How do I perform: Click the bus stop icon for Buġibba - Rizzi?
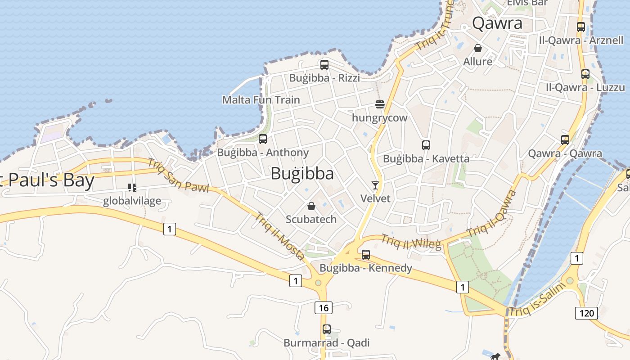324,65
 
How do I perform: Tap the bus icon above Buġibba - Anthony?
263,139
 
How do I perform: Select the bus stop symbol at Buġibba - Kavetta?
426,145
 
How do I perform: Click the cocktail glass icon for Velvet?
375,185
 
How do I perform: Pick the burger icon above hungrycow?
380,105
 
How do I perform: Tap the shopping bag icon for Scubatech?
311,207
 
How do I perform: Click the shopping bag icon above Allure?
478,48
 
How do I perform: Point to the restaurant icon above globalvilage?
132,187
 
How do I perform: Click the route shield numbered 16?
323,308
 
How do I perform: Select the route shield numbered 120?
586,313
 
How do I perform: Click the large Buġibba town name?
302,174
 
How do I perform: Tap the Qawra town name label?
497,23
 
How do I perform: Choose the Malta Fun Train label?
261,99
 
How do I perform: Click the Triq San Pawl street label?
178,175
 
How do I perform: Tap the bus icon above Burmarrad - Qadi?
327,329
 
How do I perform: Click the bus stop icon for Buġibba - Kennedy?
366,255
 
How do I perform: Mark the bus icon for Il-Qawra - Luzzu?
585,74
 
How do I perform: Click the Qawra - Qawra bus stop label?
565,153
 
